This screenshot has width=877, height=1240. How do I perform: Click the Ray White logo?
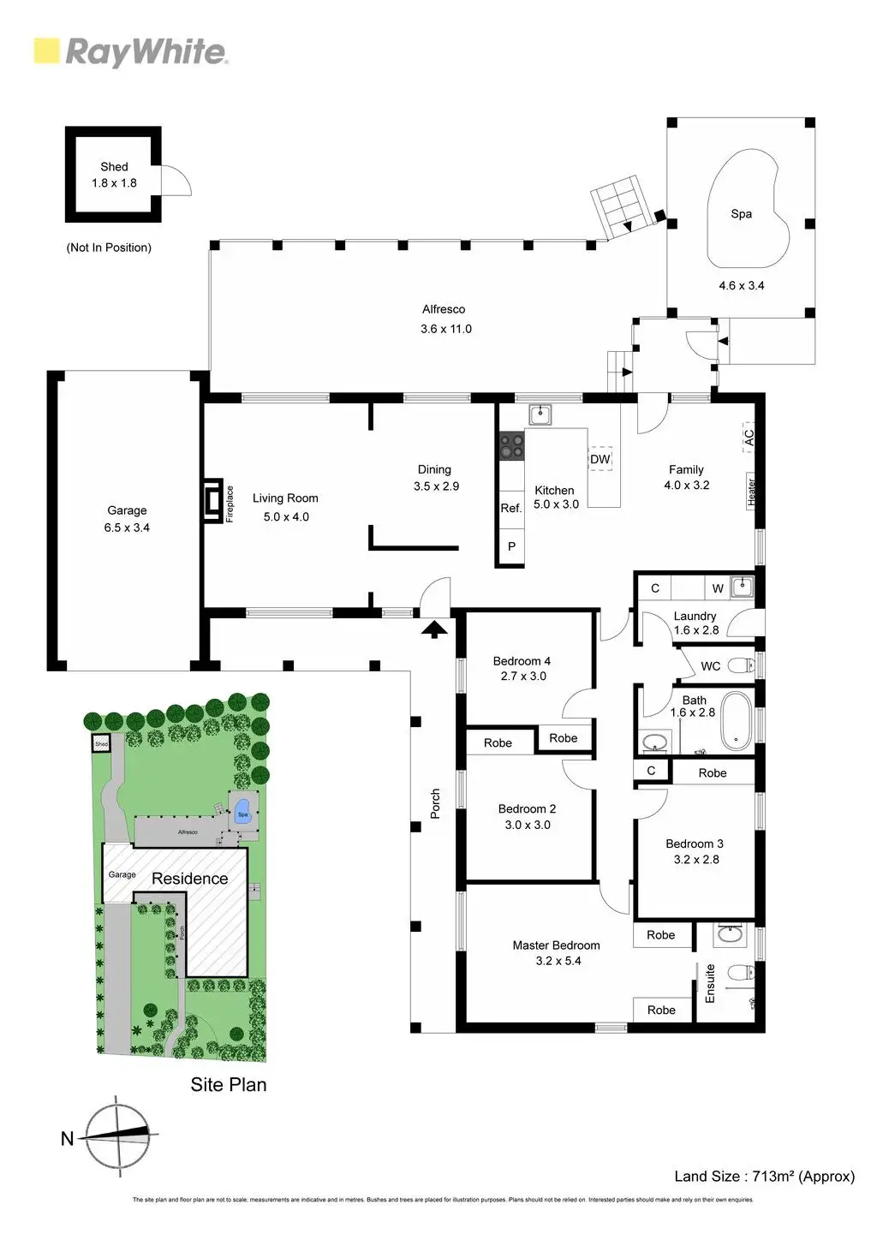(130, 52)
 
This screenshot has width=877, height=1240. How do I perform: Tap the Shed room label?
(114, 167)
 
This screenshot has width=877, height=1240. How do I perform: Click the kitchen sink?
(540, 416)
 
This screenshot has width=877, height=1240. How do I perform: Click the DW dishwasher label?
(600, 459)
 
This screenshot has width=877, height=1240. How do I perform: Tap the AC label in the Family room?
(748, 436)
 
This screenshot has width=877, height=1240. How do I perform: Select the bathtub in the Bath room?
(736, 720)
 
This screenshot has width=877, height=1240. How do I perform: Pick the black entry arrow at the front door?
(435, 629)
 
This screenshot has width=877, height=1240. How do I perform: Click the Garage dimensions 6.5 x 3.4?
(127, 528)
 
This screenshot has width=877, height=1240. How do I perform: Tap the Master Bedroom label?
(556, 945)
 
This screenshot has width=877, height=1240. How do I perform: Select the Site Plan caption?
(229, 1084)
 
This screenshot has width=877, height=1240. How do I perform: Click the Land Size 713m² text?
(764, 1176)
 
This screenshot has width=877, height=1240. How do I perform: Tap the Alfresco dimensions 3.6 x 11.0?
(445, 329)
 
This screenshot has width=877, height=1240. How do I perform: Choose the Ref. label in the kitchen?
(510, 508)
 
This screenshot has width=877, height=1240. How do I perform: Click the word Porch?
(435, 803)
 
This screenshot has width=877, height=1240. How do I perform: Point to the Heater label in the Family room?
(751, 492)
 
